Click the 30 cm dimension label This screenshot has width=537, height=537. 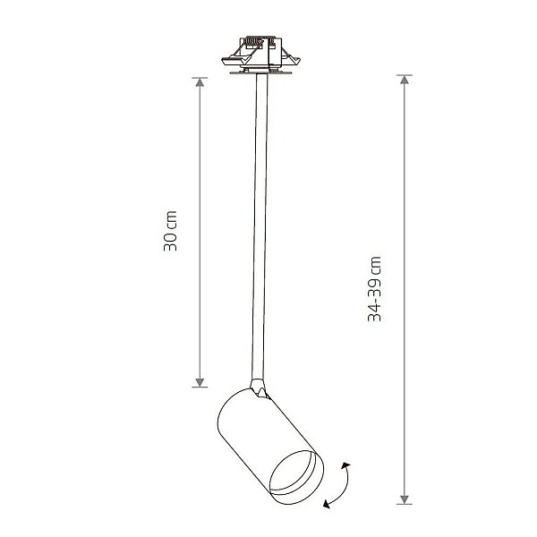pyautogui.click(x=170, y=231)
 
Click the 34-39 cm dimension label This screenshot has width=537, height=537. pyautogui.click(x=374, y=289)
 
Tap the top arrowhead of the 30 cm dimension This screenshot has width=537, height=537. pyautogui.click(x=200, y=82)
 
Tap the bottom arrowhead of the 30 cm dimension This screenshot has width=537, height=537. pyautogui.click(x=200, y=382)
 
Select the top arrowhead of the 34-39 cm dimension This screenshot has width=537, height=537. pyautogui.click(x=405, y=80)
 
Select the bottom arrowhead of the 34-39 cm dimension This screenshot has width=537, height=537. pyautogui.click(x=405, y=499)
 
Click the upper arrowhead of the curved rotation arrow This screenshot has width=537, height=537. pyautogui.click(x=345, y=465)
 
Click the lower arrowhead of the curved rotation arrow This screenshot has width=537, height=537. pyautogui.click(x=327, y=504)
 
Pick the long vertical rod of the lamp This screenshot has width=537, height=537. pyautogui.click(x=260, y=226)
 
